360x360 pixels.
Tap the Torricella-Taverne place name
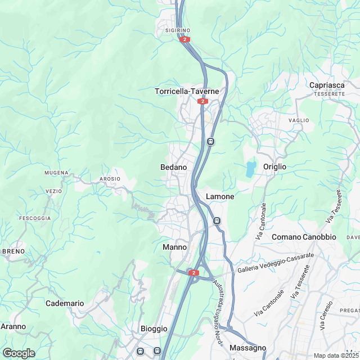tap(186, 91)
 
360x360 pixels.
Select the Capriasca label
tap(327, 85)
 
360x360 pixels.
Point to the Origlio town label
tap(274, 167)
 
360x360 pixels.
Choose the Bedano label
tap(173, 168)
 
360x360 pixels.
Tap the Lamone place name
tap(220, 196)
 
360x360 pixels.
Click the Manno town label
tap(174, 247)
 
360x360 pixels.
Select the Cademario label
tap(65, 303)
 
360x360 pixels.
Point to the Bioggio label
tap(154, 328)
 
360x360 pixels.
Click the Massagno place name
tap(247, 348)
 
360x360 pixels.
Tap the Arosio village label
tap(110, 179)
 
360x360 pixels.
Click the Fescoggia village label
tap(35, 218)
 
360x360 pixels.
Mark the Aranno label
tap(13, 326)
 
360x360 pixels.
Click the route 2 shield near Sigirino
tap(184, 39)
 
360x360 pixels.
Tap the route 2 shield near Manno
tap(194, 273)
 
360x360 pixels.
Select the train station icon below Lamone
tap(217, 220)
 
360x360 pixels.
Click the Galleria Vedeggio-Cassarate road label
tap(276, 263)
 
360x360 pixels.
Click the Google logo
tap(19, 353)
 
